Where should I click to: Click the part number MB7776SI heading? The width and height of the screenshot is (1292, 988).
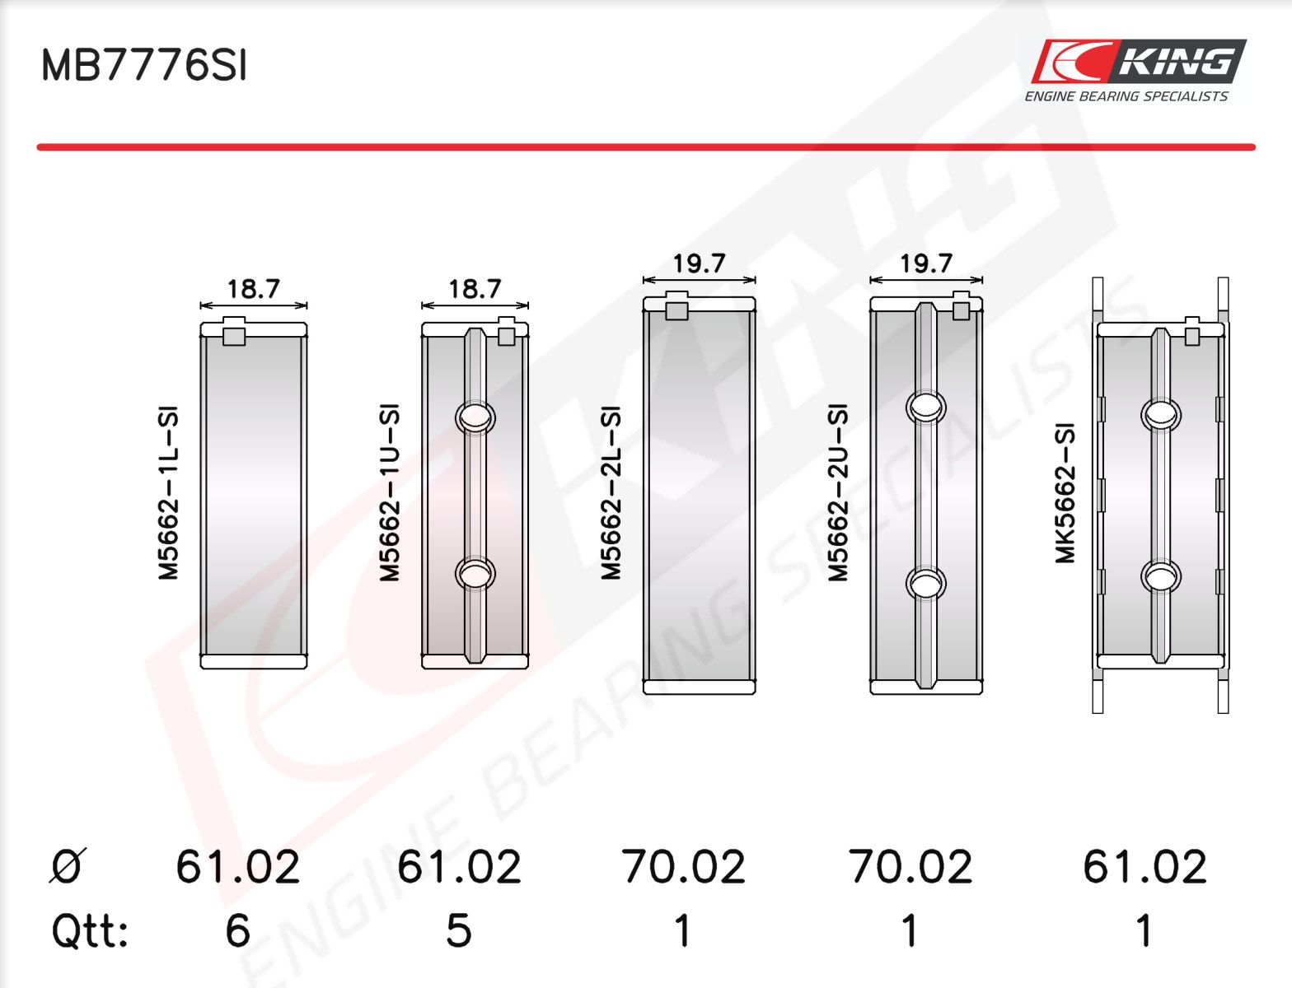coord(143,65)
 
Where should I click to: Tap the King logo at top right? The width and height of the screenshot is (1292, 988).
coord(1138,71)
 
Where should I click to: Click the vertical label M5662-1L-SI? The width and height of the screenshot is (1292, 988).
coord(168,493)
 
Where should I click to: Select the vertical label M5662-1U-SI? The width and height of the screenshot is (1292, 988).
coord(390,493)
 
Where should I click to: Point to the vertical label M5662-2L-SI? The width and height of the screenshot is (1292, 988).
coord(611,493)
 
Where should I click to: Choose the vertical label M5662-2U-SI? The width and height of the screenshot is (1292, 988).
coord(838,493)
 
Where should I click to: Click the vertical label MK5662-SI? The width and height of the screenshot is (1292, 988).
coord(1065,493)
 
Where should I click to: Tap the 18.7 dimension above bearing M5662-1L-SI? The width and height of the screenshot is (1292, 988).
coord(253,289)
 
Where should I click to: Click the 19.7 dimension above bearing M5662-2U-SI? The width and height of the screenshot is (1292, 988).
coord(926,263)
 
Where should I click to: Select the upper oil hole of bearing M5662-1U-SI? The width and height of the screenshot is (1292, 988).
coord(475,417)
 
